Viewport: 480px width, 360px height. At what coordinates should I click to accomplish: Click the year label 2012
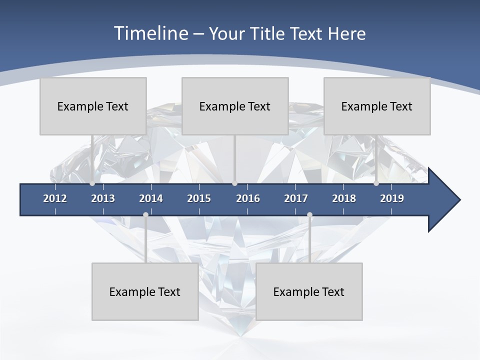pyautogui.click(x=55, y=198)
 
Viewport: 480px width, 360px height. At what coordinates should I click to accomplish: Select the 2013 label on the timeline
pyautogui.click(x=103, y=198)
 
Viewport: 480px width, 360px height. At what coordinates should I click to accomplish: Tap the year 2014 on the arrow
pyautogui.click(x=151, y=198)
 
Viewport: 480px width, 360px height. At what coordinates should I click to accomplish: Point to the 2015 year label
pyautogui.click(x=199, y=198)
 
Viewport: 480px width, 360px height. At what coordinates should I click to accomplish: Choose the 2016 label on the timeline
pyautogui.click(x=248, y=198)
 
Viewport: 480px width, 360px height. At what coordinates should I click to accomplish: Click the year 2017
pyautogui.click(x=296, y=198)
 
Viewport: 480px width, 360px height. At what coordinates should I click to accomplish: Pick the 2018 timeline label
pyautogui.click(x=344, y=198)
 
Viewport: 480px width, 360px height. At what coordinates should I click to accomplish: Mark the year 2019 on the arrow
pyautogui.click(x=392, y=198)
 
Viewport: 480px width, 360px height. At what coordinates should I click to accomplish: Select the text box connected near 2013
pyautogui.click(x=93, y=106)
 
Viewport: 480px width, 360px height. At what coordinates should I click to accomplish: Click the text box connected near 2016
pyautogui.click(x=235, y=106)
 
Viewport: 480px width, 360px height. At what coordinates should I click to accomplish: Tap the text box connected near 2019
pyautogui.click(x=377, y=106)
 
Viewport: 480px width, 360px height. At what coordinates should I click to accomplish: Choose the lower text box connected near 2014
pyautogui.click(x=145, y=291)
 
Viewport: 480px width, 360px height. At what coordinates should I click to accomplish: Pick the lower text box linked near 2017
pyautogui.click(x=309, y=291)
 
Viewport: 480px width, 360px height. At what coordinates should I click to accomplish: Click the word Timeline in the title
pyautogui.click(x=149, y=33)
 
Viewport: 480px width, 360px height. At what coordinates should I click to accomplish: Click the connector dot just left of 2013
pyautogui.click(x=92, y=183)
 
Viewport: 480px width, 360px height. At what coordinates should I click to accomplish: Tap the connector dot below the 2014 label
pyautogui.click(x=145, y=215)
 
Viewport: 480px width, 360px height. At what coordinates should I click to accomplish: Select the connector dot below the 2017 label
pyautogui.click(x=309, y=215)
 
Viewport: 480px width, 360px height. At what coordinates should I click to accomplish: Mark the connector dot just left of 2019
pyautogui.click(x=376, y=183)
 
